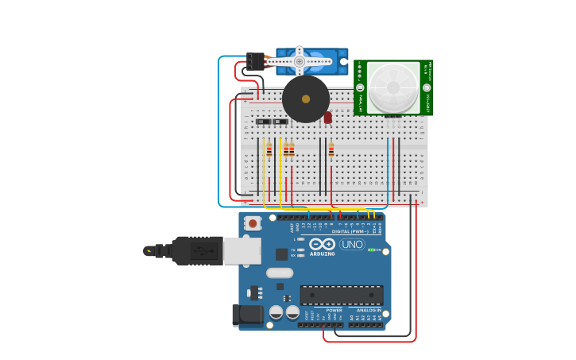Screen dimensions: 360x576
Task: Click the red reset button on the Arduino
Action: (x=253, y=224)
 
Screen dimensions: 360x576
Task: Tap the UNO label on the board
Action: (x=352, y=244)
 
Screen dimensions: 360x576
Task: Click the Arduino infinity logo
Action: (x=322, y=243)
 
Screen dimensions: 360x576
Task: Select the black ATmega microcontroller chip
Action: (x=341, y=295)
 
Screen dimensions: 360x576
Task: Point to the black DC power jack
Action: (x=247, y=315)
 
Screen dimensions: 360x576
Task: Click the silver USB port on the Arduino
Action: (x=242, y=251)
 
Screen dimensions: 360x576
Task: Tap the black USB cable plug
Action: (x=195, y=251)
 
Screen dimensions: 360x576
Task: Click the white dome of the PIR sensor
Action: (x=393, y=87)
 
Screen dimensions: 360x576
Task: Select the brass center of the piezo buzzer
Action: (x=306, y=99)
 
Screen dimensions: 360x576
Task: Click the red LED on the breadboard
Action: (x=327, y=118)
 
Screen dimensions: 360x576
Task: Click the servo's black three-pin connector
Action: (x=255, y=61)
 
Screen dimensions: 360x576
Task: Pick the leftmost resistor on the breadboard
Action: (x=269, y=150)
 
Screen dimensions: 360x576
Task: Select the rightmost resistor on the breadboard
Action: (x=331, y=149)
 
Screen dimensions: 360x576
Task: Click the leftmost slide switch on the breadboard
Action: (x=263, y=122)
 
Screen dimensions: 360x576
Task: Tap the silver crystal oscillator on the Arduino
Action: (x=280, y=273)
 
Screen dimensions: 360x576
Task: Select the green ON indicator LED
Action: (x=372, y=250)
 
